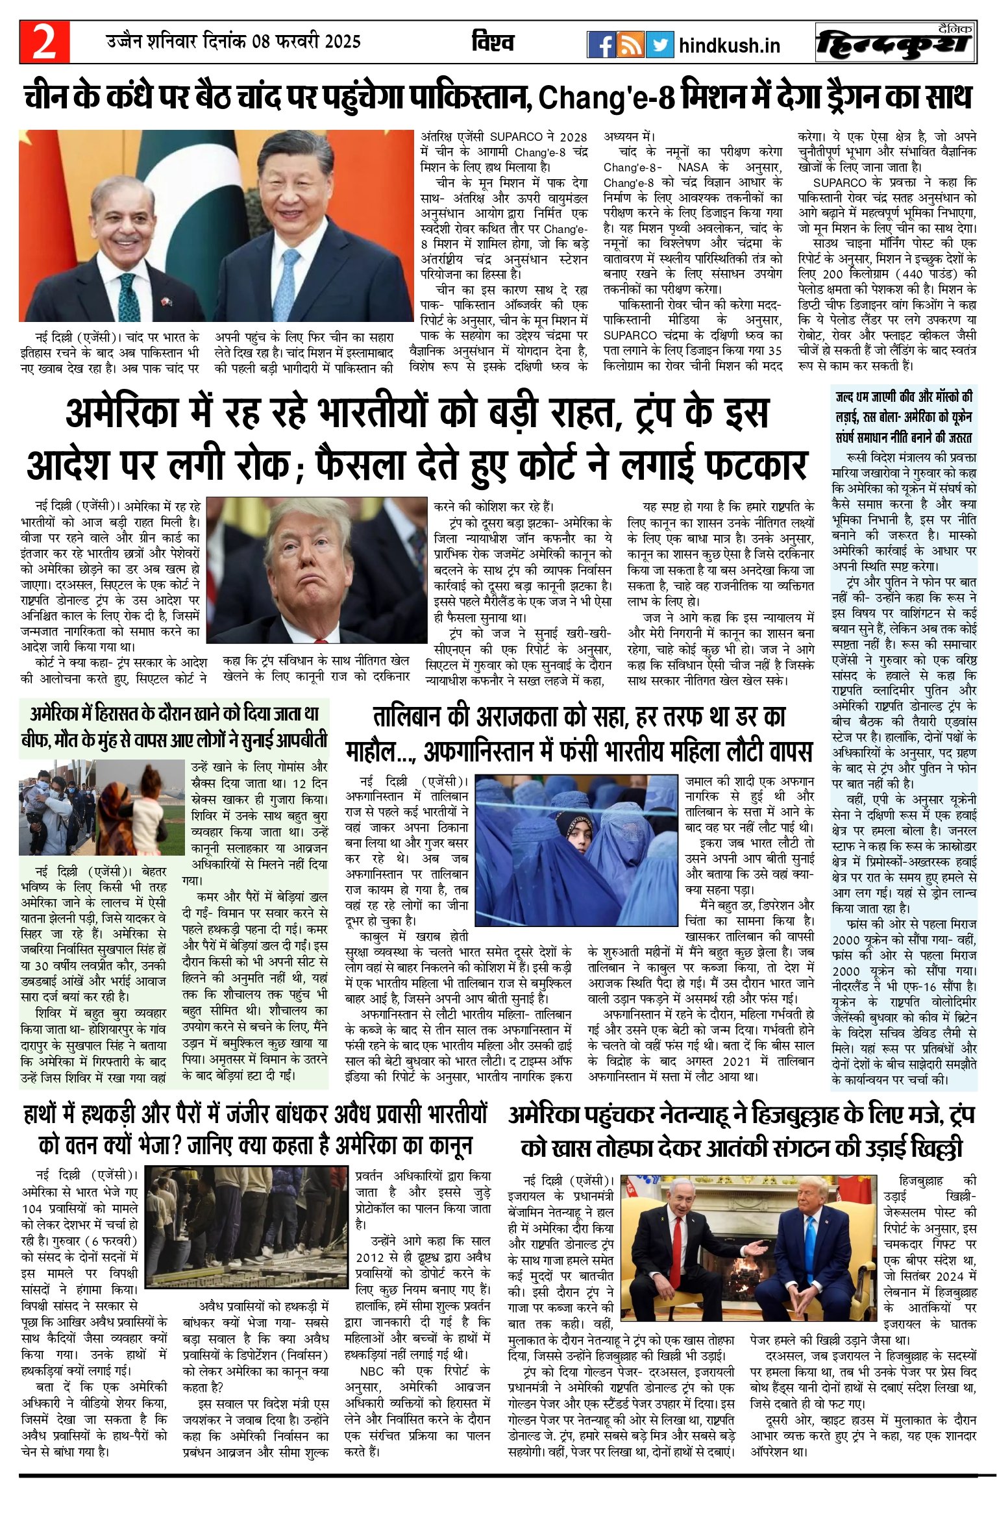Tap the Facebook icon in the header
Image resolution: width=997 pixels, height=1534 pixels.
pyautogui.click(x=601, y=45)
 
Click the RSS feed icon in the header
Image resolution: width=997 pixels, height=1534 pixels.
pyautogui.click(x=630, y=45)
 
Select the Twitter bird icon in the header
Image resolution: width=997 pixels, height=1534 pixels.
pyautogui.click(x=659, y=45)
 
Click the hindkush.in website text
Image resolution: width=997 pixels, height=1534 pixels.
pyautogui.click(x=729, y=46)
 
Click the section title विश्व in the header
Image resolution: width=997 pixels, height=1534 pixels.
pyautogui.click(x=493, y=43)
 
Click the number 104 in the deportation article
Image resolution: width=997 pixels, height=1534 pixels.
pyautogui.click(x=32, y=1208)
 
